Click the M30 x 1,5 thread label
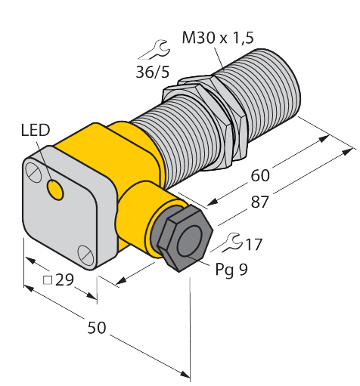219,36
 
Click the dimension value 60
259,175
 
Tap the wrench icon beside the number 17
224,244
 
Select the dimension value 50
97,328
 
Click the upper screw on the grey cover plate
35,173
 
